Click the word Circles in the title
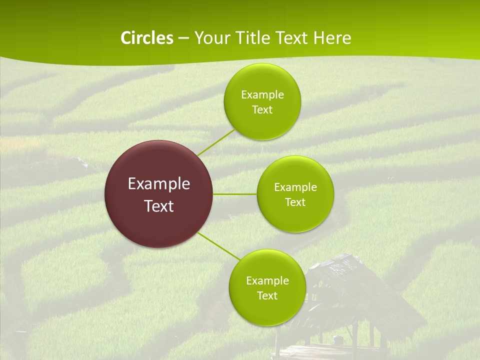146,38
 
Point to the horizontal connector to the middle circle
234,194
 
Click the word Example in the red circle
159,184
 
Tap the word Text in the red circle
159,206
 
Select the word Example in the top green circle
262,95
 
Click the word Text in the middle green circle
295,202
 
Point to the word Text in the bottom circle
267,296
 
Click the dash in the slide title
183,38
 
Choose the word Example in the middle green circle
295,187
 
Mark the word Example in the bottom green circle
267,281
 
